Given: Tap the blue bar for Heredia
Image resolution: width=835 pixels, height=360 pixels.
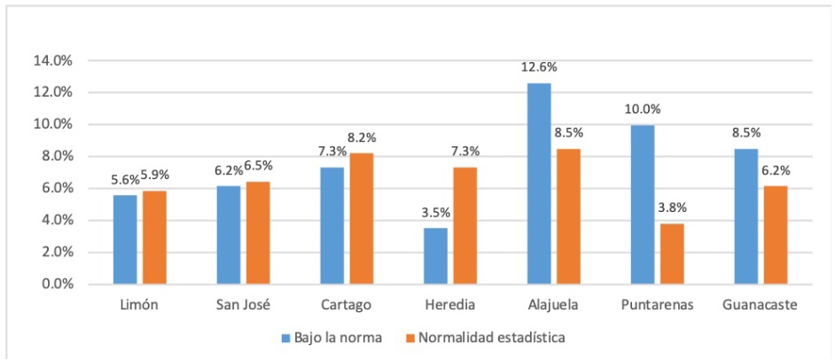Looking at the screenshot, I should [436, 256].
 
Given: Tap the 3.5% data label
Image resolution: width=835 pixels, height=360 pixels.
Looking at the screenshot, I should [436, 214].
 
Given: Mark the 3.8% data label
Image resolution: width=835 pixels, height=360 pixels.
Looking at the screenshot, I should [672, 209].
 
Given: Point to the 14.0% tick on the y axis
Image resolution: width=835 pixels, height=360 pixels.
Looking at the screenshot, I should [53, 60].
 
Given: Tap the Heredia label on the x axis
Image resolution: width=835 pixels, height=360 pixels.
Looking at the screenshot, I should [449, 306].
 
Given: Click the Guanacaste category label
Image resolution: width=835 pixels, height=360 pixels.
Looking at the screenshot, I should [760, 306].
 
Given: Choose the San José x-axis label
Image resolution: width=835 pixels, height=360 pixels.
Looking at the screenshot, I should [242, 306].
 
